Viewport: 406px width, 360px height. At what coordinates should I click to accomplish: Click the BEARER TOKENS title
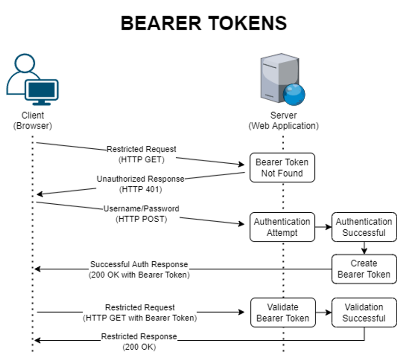[x=203, y=23]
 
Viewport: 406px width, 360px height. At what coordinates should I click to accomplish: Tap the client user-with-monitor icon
[x=32, y=80]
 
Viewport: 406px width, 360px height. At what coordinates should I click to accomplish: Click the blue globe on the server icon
[x=294, y=94]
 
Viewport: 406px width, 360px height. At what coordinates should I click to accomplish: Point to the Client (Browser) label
[x=32, y=120]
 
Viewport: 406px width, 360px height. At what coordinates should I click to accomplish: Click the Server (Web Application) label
[x=283, y=120]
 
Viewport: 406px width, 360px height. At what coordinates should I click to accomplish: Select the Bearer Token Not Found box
[x=282, y=168]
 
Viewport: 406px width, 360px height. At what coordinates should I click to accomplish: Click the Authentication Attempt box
[x=282, y=227]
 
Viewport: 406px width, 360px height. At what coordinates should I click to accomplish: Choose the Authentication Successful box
[x=364, y=227]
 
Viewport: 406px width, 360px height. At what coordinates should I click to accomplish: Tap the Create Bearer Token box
[x=364, y=269]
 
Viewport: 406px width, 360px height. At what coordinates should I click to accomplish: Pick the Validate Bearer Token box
[x=282, y=312]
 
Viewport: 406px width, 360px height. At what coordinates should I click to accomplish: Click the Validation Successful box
[x=364, y=312]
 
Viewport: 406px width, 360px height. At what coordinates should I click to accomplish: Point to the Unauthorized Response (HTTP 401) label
[x=140, y=184]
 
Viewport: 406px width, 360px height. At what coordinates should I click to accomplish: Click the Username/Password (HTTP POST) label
[x=141, y=214]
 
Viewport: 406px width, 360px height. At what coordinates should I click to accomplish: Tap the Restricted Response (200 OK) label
[x=139, y=342]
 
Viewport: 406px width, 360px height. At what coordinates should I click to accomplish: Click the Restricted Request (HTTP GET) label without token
[x=141, y=154]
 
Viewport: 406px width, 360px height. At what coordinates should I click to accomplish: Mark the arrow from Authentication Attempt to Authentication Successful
[x=323, y=227]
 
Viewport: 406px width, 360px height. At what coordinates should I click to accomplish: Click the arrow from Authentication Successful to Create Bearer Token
[x=364, y=248]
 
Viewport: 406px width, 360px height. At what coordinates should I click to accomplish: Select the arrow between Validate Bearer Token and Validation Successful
[x=323, y=312]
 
